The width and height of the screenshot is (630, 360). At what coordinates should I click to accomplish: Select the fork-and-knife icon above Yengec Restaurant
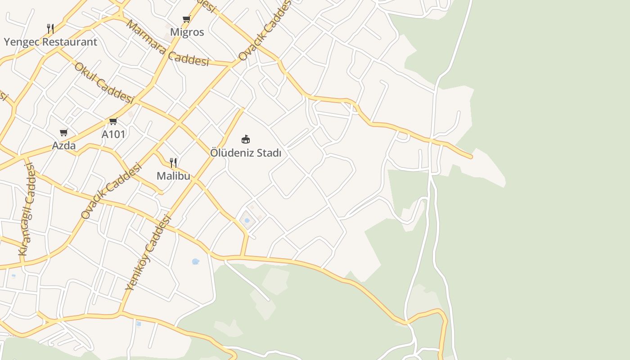[50, 29]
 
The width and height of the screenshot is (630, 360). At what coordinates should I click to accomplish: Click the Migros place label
[187, 32]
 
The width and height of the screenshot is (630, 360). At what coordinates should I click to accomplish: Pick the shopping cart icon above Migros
[187, 19]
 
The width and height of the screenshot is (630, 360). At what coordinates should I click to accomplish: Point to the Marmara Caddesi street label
[167, 44]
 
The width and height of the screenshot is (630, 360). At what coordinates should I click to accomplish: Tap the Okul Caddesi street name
[104, 83]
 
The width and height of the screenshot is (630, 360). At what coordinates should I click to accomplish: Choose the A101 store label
[113, 134]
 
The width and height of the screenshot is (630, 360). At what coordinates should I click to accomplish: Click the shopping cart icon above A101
[113, 121]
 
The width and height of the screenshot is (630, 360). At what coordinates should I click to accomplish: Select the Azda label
[64, 146]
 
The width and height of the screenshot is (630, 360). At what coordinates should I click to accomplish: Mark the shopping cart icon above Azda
[64, 133]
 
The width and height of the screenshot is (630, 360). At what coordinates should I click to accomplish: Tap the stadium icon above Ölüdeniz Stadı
[246, 139]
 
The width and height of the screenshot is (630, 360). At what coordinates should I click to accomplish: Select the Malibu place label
[173, 176]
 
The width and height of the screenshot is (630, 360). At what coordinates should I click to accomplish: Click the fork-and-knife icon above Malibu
[173, 162]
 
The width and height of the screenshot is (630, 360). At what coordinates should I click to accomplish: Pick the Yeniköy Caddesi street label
[148, 252]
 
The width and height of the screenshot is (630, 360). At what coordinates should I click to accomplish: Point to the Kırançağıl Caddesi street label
[27, 210]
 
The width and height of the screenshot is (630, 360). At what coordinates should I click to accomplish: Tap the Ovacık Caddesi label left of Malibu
[111, 191]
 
